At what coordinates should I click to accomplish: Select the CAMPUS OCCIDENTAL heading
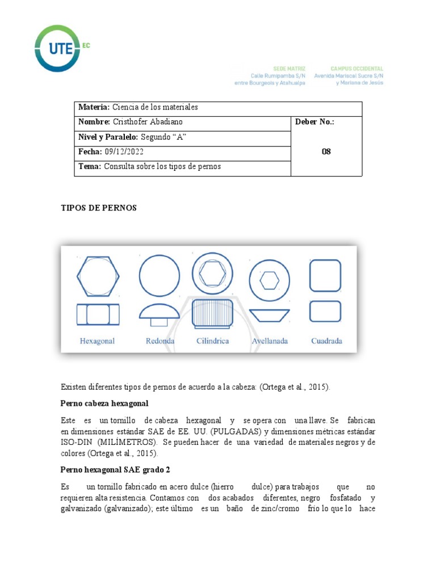tap(357, 68)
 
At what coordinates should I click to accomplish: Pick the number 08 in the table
tap(326, 151)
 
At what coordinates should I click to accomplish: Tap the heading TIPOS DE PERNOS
tap(99, 208)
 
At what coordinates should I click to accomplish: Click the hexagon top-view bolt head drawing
tap(98, 276)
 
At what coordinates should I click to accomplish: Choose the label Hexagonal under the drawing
tap(97, 341)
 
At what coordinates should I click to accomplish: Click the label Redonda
tap(160, 341)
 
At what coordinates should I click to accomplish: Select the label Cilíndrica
tap(213, 341)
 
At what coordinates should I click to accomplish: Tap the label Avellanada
tap(270, 341)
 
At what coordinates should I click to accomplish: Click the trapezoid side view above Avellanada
tap(270, 314)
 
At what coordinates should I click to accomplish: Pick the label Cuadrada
tap(326, 341)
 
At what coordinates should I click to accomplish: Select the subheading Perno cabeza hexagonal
tap(104, 403)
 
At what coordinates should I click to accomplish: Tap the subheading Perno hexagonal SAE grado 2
tap(115, 470)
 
